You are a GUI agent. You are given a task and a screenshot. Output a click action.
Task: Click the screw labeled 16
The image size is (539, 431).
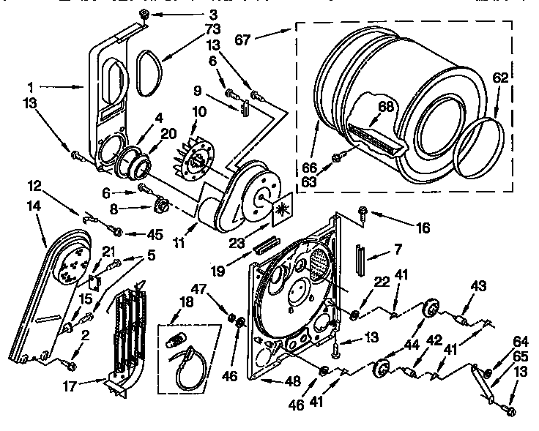coord(363,212)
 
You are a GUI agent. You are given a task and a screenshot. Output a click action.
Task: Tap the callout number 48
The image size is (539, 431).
coord(293,381)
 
